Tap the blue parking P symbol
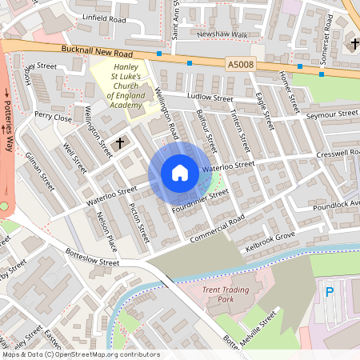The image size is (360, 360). pyautogui.click(x=330, y=294)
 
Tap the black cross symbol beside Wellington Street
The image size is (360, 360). pyautogui.click(x=121, y=143)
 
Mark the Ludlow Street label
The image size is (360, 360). pyautogui.click(x=209, y=98)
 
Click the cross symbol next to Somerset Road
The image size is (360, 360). pyautogui.click(x=355, y=42)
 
